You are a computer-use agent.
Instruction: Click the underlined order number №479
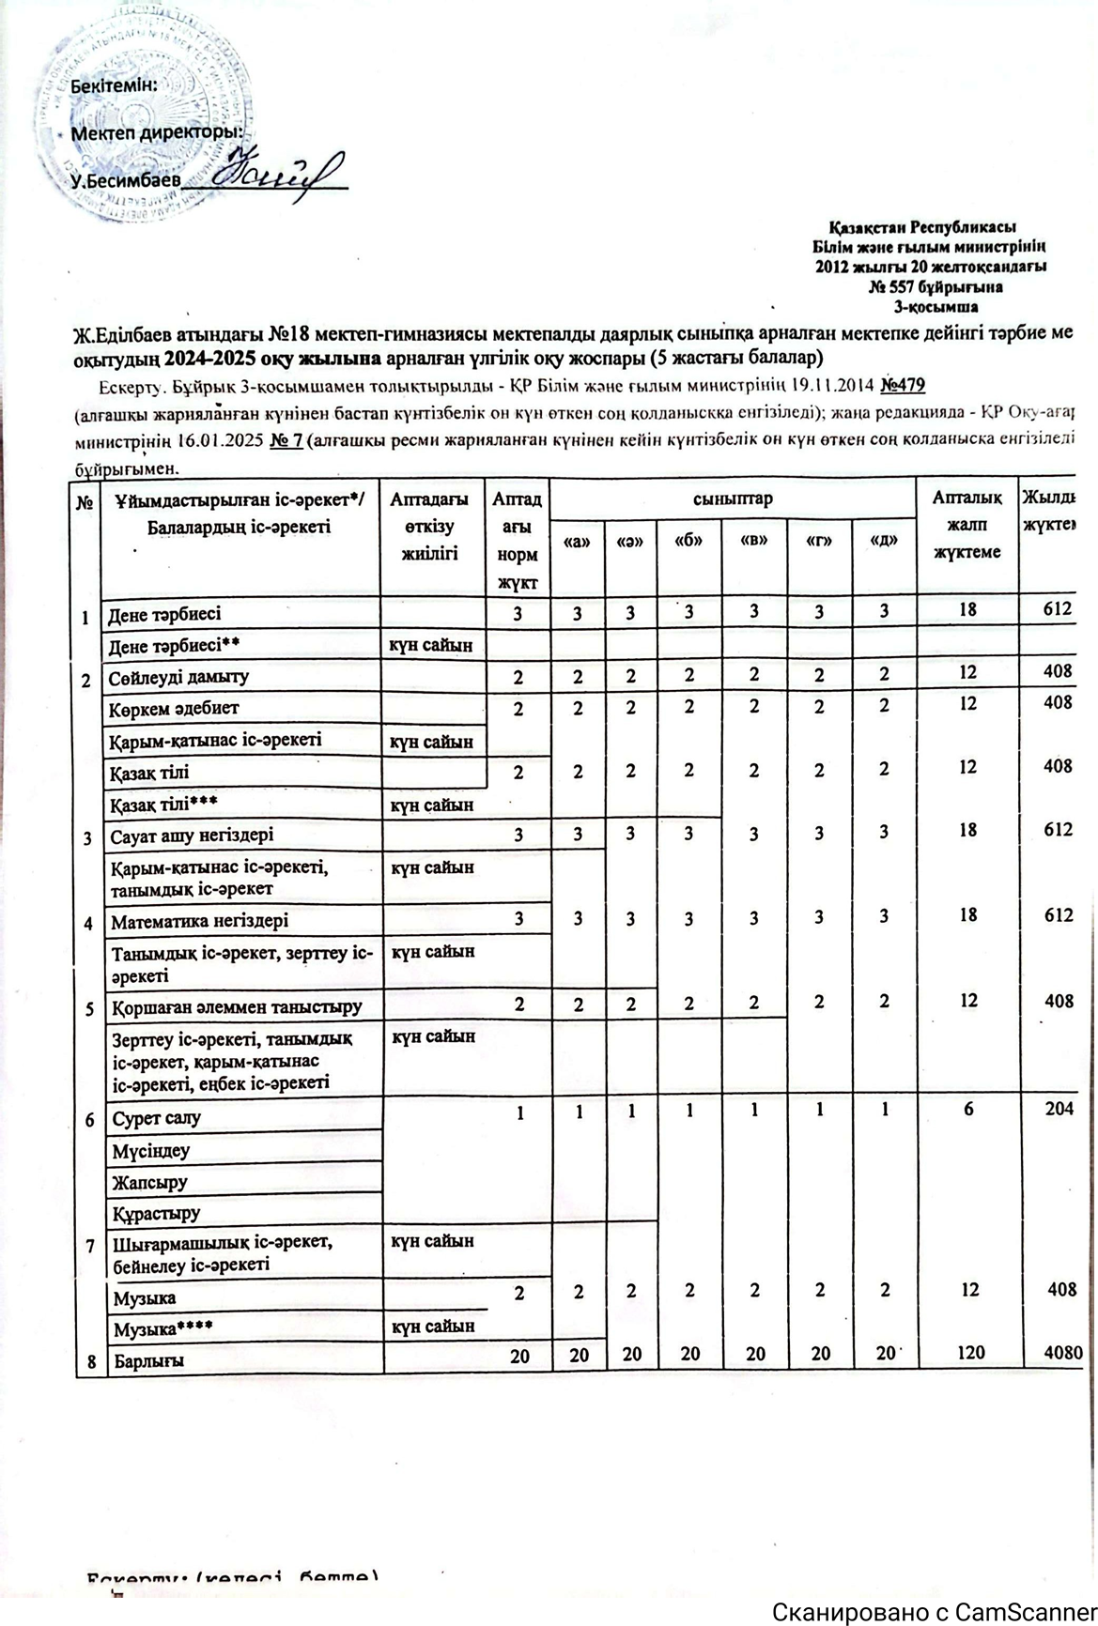tap(905, 385)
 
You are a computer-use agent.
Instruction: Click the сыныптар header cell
tap(734, 499)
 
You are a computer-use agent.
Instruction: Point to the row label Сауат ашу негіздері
tap(193, 835)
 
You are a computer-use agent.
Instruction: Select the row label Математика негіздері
tap(200, 922)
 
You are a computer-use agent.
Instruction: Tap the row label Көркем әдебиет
tap(174, 708)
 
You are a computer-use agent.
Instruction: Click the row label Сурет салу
tap(157, 1118)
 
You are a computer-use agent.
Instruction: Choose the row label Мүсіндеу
tap(150, 1150)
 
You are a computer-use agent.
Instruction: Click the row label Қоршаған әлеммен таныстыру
tap(237, 1008)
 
